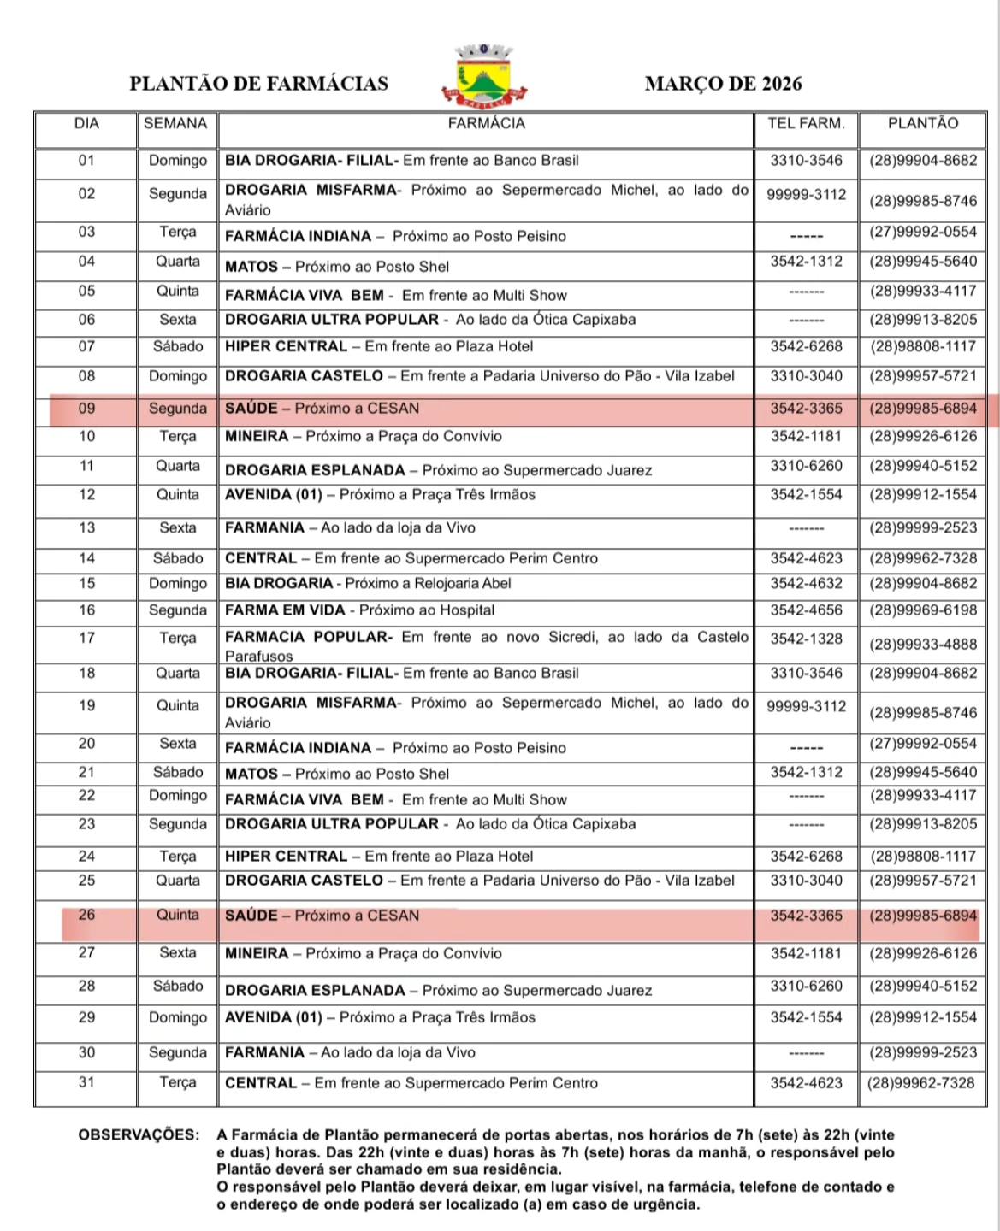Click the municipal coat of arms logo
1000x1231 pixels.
tap(484, 76)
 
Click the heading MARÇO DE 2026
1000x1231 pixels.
tap(723, 83)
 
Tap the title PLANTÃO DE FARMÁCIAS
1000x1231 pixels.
tap(258, 83)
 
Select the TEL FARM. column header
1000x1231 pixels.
tap(806, 123)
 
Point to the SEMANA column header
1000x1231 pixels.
tap(175, 123)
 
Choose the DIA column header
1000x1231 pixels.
tap(86, 123)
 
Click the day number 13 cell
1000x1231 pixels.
tap(86, 527)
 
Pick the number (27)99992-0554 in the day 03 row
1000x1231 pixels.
tap(923, 232)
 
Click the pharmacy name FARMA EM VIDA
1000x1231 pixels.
tap(285, 610)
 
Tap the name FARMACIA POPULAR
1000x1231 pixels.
tap(306, 637)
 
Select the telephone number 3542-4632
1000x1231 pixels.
tap(806, 584)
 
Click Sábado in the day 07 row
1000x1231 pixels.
tap(178, 346)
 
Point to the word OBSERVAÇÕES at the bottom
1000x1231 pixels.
tap(138, 1135)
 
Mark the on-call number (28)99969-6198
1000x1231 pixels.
tap(923, 610)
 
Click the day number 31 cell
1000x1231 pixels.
tap(86, 1082)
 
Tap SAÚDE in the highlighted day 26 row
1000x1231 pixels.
tap(251, 916)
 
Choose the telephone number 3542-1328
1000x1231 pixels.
tap(806, 639)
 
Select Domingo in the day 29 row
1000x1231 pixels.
tap(178, 1017)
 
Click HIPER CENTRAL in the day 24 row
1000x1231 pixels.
tap(286, 856)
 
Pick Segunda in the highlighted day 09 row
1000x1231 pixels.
tap(178, 409)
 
